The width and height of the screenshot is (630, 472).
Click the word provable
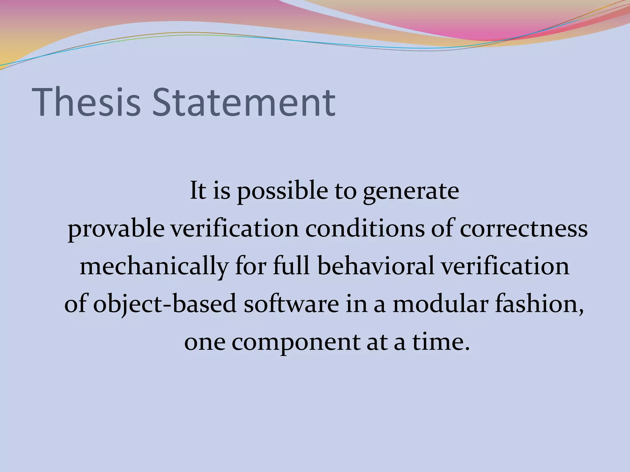(x=116, y=229)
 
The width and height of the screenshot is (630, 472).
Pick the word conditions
(x=364, y=229)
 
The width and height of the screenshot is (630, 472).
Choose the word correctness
(x=524, y=229)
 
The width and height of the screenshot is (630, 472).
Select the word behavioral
(x=376, y=266)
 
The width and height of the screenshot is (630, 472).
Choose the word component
(x=296, y=342)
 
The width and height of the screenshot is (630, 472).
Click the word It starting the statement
(x=198, y=191)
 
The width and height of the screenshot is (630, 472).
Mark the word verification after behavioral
(x=505, y=266)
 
